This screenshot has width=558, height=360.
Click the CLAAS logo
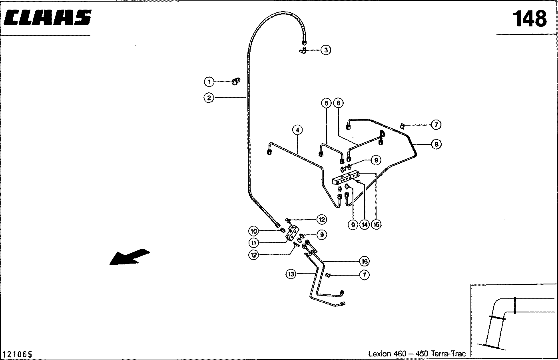coord(48,18)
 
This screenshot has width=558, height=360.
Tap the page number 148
coord(530,18)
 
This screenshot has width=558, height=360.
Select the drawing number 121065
coord(17,354)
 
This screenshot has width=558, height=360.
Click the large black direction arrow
coord(130,257)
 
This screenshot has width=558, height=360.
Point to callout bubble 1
coord(209,82)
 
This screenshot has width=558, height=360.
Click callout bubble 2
coord(209,98)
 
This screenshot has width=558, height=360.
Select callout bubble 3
coord(326,50)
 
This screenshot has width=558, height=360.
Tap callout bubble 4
coord(297,130)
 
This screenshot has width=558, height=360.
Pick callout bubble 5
coord(326,103)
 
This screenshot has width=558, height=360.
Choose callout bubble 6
coord(338,103)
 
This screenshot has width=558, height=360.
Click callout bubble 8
coord(436,144)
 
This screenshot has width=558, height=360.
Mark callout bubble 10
coord(253,231)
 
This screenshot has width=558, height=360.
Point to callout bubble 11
coord(253,243)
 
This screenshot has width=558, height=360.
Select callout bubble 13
coord(291,274)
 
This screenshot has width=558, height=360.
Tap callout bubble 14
coord(365,225)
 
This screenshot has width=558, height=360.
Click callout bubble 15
coord(376,225)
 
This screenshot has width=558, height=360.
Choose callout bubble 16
coord(365,261)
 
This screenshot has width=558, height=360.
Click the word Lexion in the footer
coord(380,354)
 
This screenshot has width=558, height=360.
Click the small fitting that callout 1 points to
coord(236,81)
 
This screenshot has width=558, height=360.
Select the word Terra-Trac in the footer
coord(448,354)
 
